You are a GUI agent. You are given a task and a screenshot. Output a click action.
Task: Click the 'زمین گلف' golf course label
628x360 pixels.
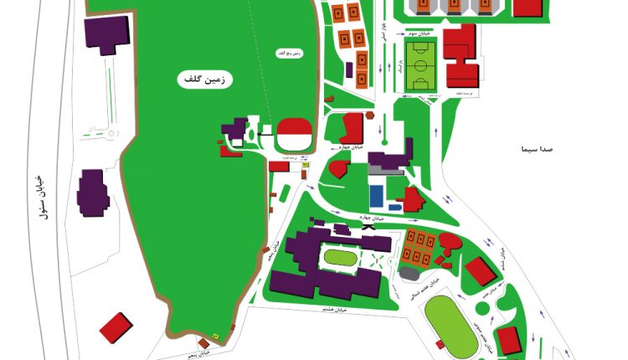(205, 79)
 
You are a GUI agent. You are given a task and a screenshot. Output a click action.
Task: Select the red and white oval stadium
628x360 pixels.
(294, 131)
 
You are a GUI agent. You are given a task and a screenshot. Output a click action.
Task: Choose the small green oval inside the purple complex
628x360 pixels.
(339, 257)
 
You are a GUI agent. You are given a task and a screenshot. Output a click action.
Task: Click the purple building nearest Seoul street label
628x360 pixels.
(92, 193)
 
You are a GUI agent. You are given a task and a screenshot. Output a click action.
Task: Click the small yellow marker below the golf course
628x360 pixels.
(215, 335)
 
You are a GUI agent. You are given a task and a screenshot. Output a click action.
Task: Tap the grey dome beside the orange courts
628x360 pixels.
(409, 273)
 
